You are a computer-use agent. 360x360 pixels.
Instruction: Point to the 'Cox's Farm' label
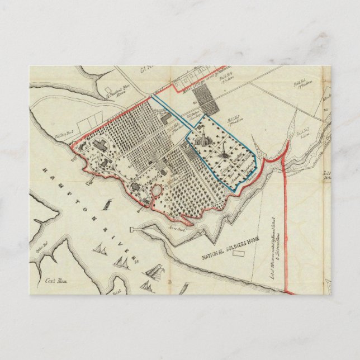53,281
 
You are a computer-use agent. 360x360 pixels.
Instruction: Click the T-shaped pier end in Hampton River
132,229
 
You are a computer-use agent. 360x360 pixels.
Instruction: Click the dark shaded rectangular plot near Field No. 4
199,98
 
